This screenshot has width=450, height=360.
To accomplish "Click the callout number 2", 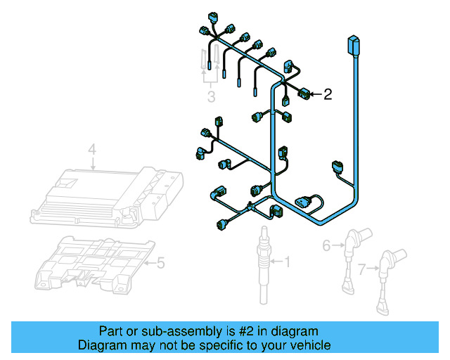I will click(328, 94).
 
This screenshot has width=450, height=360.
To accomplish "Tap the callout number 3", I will click(211, 96).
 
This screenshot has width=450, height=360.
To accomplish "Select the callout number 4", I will click(91, 149).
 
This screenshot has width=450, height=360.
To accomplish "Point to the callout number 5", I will click(160, 264).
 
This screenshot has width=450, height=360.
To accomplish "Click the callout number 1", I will click(286, 262).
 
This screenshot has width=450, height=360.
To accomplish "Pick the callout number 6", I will click(326, 245).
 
